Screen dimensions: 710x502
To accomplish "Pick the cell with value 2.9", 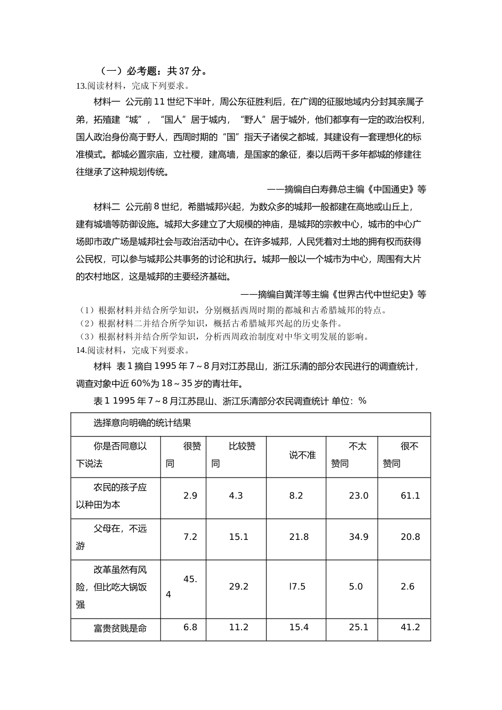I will point(190,496).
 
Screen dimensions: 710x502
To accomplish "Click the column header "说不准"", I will point(302,455).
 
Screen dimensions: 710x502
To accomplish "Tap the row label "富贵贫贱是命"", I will point(120,628).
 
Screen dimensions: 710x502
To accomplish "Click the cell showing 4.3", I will point(236,496).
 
